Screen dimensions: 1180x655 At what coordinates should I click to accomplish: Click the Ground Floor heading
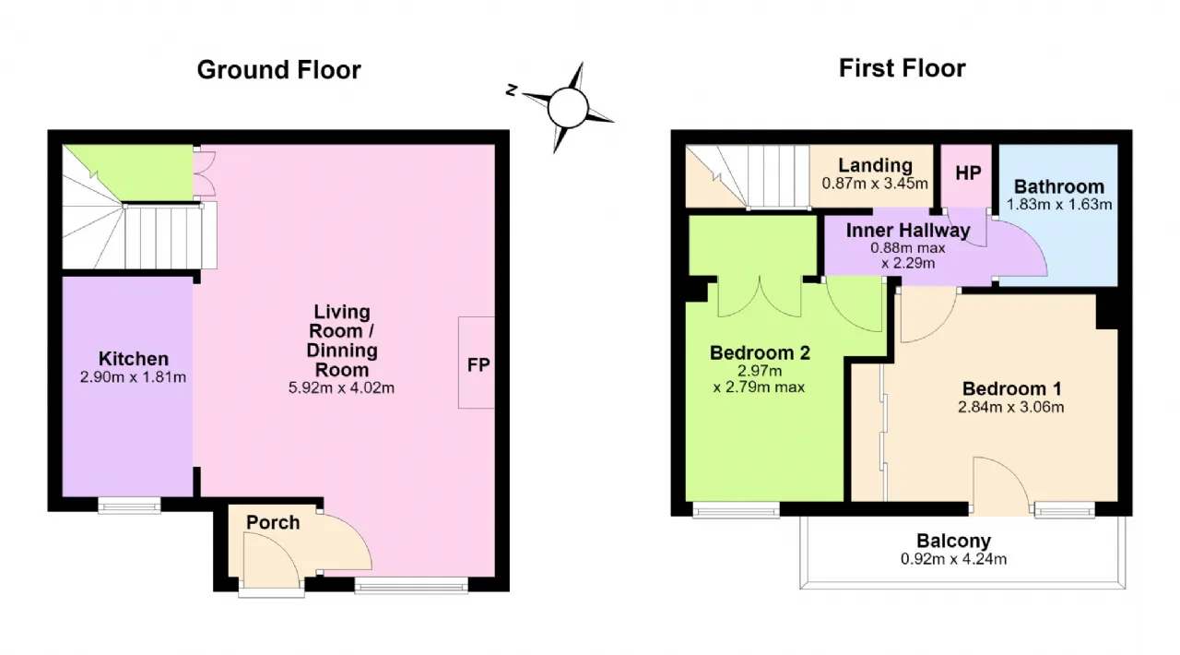tap(279, 70)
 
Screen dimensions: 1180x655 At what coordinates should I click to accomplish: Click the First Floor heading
tap(902, 68)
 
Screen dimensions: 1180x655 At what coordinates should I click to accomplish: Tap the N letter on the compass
tap(511, 90)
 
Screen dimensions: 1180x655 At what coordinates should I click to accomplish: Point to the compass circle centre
tap(568, 108)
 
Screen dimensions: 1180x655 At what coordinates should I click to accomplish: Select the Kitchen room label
tap(134, 359)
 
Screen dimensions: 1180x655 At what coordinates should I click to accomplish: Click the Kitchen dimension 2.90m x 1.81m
tap(134, 377)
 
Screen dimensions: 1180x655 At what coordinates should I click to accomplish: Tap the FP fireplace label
tap(478, 364)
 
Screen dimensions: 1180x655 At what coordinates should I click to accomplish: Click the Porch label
tap(273, 523)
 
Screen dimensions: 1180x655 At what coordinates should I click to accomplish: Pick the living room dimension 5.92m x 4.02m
tap(341, 387)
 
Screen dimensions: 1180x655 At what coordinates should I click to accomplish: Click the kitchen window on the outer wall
tap(130, 506)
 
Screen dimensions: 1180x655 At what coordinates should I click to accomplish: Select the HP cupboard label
tap(968, 173)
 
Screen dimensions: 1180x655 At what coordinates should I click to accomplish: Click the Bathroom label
tap(1059, 186)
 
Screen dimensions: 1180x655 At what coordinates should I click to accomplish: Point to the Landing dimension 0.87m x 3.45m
tap(875, 184)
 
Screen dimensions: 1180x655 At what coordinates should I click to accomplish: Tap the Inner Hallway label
tap(908, 231)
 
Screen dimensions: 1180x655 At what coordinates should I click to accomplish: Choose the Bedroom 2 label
tap(760, 352)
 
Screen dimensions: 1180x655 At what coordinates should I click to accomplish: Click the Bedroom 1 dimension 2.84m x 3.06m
tap(1011, 407)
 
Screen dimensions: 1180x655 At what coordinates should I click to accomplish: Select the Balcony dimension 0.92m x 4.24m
tap(953, 559)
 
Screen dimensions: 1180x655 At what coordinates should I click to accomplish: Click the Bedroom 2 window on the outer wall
tap(736, 509)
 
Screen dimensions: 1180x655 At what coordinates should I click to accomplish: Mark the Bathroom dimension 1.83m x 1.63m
tap(1059, 204)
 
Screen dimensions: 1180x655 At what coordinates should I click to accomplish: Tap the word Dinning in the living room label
tap(342, 351)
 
